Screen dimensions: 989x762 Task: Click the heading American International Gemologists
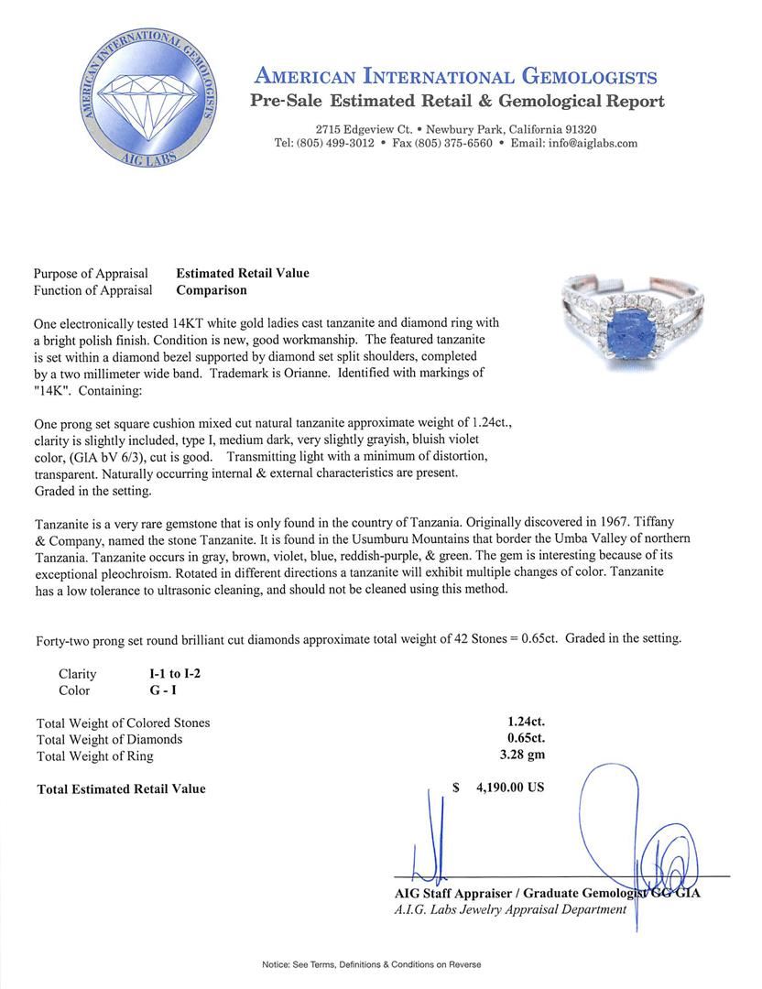tap(455, 76)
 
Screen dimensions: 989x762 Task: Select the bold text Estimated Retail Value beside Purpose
tap(243, 273)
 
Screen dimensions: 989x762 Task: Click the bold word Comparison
tap(212, 290)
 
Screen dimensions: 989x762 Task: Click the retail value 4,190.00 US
tap(510, 788)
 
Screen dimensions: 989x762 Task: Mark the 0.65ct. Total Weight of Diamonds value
tap(526, 739)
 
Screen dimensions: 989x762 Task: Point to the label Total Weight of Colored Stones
tap(124, 723)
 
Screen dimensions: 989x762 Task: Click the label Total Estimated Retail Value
tap(121, 788)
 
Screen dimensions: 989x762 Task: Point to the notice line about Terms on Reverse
tap(371, 964)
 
